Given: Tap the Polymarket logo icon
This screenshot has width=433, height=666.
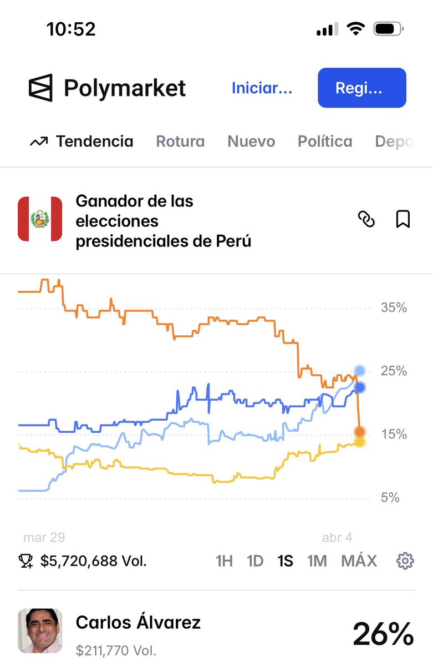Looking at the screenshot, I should (x=40, y=88).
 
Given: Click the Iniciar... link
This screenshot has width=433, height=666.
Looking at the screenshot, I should (x=262, y=88).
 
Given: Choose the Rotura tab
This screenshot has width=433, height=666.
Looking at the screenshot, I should (x=180, y=142).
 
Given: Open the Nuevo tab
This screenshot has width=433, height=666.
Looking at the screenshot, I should (x=251, y=142).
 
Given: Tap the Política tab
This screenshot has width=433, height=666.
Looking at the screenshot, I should (x=325, y=142).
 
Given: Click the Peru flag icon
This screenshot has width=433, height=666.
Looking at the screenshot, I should (x=40, y=219).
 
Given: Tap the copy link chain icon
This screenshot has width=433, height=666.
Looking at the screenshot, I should (x=366, y=220).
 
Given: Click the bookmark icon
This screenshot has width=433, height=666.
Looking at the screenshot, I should (x=403, y=220).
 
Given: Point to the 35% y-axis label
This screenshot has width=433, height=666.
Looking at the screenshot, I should (x=394, y=307).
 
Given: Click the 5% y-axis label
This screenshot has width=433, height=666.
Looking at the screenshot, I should (x=390, y=498).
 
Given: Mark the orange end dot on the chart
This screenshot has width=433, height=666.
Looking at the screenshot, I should (x=360, y=431).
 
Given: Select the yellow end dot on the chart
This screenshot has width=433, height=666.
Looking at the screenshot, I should (x=359, y=442).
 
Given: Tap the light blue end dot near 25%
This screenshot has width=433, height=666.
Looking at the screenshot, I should (x=360, y=370).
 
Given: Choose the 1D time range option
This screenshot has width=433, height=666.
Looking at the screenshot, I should (x=255, y=561).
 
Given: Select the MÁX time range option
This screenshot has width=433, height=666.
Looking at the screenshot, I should (x=359, y=561).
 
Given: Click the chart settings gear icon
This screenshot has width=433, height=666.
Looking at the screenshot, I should (x=405, y=561).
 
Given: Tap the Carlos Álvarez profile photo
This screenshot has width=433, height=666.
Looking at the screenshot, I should (x=40, y=630).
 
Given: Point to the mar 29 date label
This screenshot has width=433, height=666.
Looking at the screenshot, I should (x=44, y=537).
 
